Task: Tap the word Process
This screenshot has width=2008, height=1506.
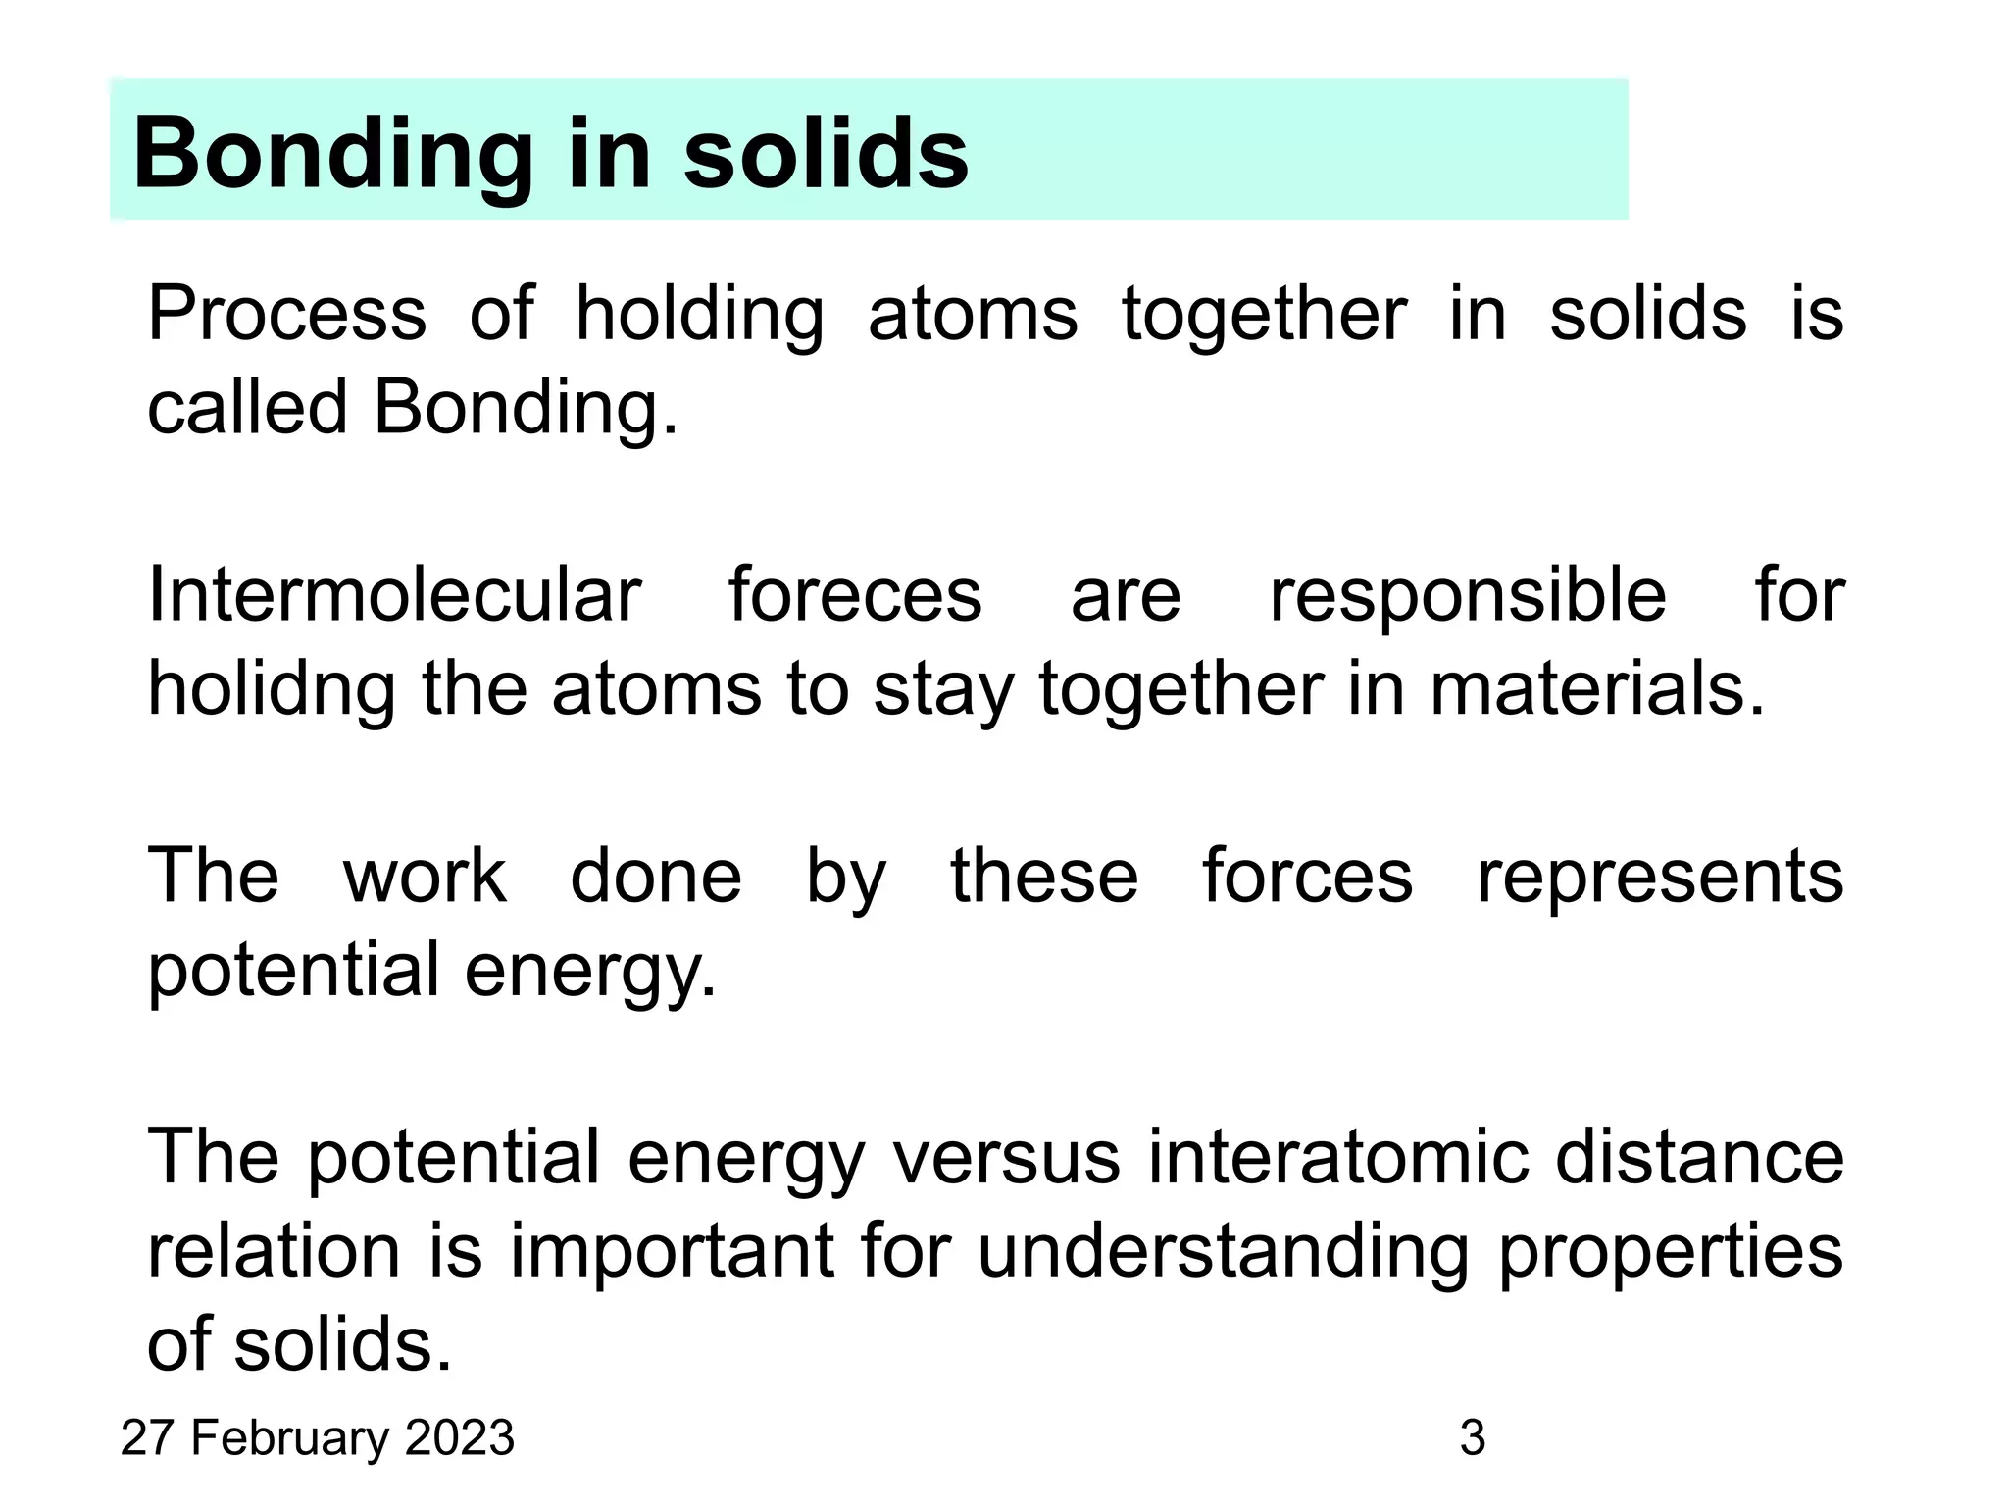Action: coord(286,314)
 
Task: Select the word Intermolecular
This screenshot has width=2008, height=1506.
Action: coord(394,595)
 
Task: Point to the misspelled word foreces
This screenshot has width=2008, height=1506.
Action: coord(854,595)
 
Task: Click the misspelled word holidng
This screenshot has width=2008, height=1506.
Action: coord(272,689)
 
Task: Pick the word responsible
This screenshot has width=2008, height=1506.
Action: coord(1468,595)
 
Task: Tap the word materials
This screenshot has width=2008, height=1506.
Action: coord(1597,689)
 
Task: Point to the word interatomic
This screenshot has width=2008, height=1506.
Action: coord(1338,1157)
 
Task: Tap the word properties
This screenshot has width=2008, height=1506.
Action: coord(1671,1252)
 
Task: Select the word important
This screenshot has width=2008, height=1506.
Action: coord(672,1252)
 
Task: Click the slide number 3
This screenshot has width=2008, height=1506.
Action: coord(1473,1438)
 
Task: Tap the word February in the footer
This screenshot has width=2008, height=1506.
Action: coord(291,1438)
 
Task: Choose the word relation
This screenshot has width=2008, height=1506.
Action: coord(274,1252)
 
